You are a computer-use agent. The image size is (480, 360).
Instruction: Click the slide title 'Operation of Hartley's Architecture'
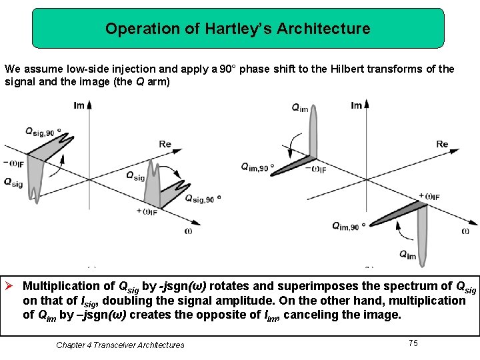coord(237,29)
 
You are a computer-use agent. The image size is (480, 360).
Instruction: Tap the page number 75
coord(413,343)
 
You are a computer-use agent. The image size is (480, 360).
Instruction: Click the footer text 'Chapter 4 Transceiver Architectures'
coord(120,345)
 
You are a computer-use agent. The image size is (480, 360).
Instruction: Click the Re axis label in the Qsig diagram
coord(165,144)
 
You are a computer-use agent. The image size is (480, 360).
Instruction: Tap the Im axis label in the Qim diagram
coord(357,105)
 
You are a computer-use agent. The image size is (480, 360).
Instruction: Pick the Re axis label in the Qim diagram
coord(442,144)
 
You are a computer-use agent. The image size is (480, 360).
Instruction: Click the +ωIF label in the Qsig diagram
coord(147,211)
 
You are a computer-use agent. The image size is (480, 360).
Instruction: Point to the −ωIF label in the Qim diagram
coord(319,169)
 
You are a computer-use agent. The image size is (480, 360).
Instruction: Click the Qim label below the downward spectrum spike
coord(407,254)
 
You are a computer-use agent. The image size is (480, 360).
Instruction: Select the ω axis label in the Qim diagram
coord(465,231)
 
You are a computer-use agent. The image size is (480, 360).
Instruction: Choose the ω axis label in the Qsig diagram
coord(189,231)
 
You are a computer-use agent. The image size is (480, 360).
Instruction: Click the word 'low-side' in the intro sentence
coord(75,69)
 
